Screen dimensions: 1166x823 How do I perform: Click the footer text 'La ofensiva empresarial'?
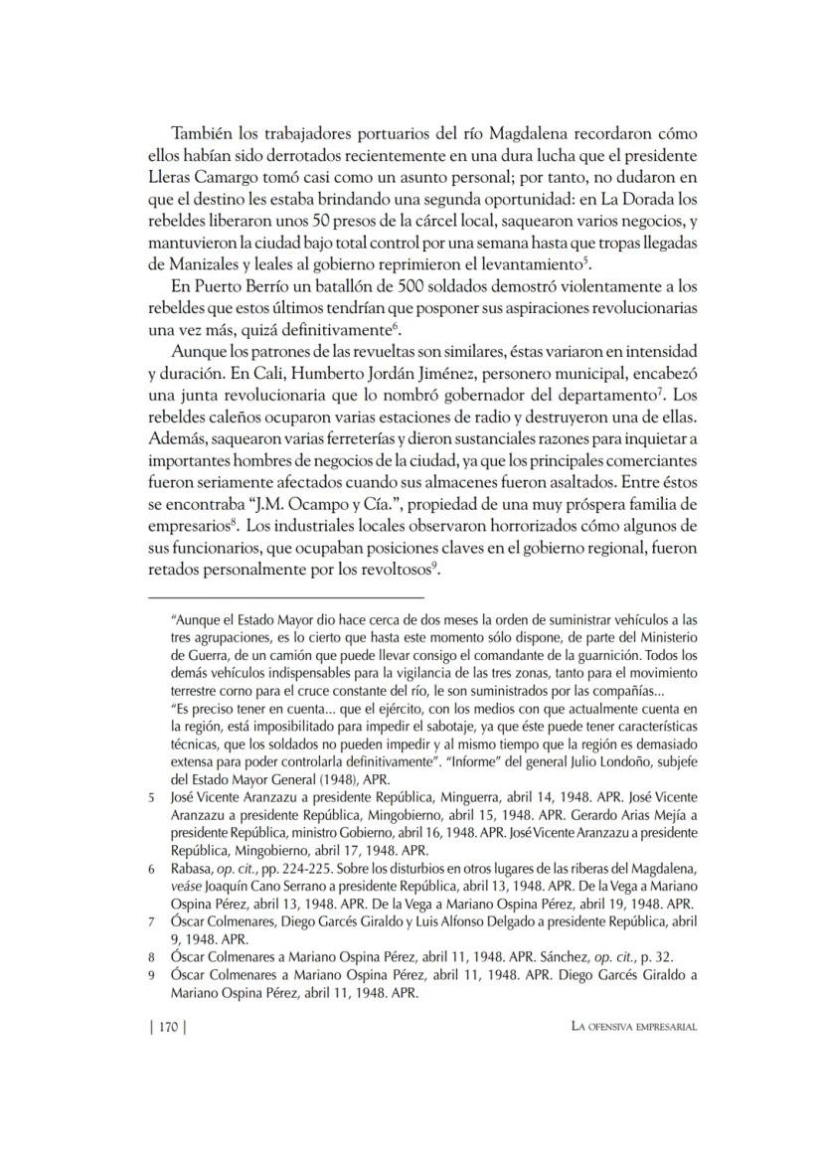(627, 1029)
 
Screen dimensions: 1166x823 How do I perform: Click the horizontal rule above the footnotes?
(284, 597)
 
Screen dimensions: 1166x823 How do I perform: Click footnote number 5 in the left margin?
(152, 798)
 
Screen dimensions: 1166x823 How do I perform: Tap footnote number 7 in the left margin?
(152, 920)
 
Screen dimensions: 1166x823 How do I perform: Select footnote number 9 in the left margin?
(152, 975)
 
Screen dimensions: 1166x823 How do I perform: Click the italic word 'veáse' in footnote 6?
(188, 885)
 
